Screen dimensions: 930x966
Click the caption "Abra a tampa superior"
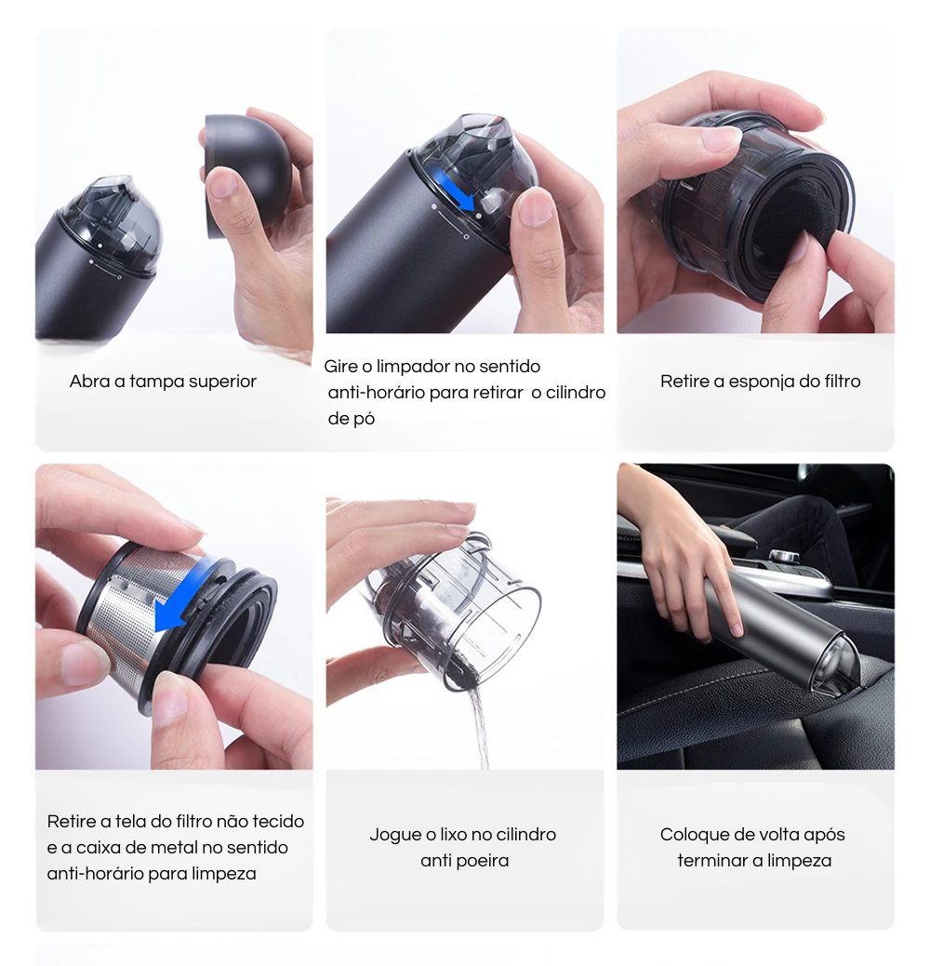(x=163, y=382)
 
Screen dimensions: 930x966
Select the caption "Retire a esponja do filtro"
(x=760, y=382)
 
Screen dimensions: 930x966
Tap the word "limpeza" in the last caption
(x=800, y=860)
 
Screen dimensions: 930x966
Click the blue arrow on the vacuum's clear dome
(x=454, y=191)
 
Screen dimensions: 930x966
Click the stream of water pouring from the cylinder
(x=476, y=727)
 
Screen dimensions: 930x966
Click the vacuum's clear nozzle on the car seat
(x=837, y=668)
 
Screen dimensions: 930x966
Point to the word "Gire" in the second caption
(x=340, y=367)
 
